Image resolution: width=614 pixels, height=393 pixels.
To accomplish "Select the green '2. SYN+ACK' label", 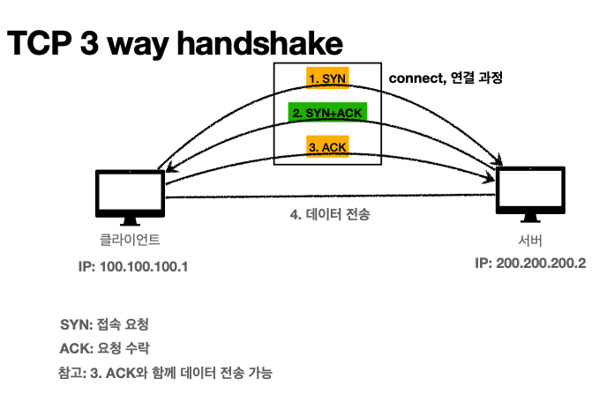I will pos(326,112).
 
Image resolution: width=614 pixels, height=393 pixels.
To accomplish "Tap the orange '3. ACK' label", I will pos(326,145).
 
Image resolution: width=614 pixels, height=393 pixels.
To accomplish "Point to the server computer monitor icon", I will pos(529,189).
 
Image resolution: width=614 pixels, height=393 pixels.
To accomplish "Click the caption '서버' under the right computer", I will pos(529,240).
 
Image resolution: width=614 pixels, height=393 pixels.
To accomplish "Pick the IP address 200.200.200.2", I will pos(529,263).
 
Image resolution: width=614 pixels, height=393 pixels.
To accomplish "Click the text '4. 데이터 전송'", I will pos(330,214).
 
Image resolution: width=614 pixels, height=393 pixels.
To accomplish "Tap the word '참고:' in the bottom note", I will pos(71,372).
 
